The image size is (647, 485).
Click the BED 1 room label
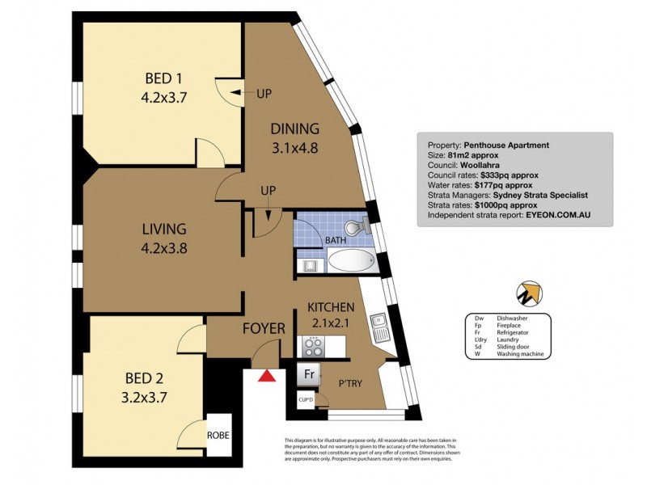pyautogui.click(x=163, y=79)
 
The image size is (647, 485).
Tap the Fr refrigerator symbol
pyautogui.click(x=309, y=375)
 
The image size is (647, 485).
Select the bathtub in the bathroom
pyautogui.click(x=350, y=261)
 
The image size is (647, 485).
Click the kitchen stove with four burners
pyautogui.click(x=313, y=346)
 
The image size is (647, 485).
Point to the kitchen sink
pyautogui.click(x=379, y=327)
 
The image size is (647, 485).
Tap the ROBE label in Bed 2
pyautogui.click(x=218, y=435)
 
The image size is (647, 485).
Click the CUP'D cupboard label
pyautogui.click(x=306, y=399)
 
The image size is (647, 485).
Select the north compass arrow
pyautogui.click(x=531, y=293)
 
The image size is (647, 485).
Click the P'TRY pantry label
pyautogui.click(x=350, y=383)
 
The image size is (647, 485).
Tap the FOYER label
pyautogui.click(x=264, y=328)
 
